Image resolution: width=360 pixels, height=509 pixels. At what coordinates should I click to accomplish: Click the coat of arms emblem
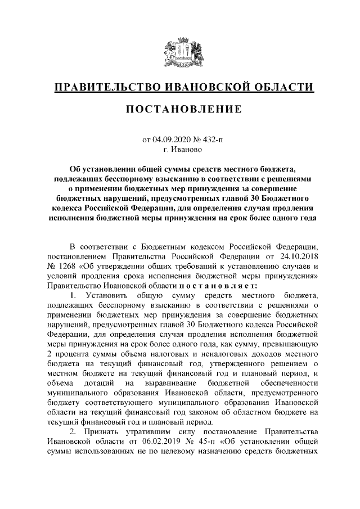click(x=179, y=51)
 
